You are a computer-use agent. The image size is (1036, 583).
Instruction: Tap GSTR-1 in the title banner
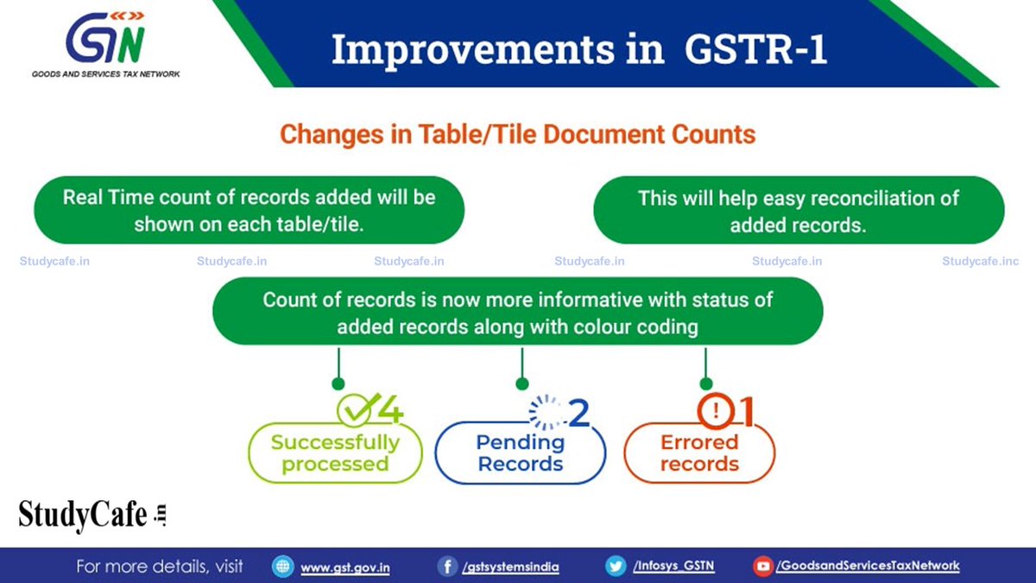(755, 49)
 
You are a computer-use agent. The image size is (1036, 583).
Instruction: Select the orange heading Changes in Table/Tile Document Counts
(518, 135)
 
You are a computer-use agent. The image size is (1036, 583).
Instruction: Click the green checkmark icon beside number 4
(355, 410)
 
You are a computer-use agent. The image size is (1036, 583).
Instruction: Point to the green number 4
(389, 412)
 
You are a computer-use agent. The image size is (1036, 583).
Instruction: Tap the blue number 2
(578, 414)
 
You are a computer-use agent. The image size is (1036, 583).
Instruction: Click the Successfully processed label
(335, 453)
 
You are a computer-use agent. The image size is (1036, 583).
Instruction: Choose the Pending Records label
(520, 453)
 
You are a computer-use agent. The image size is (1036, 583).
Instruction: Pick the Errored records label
(699, 453)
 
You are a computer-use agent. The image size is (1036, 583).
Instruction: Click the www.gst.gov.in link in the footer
(344, 567)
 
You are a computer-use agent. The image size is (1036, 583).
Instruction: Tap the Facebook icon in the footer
(447, 567)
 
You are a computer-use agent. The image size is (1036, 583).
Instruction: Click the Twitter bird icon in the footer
(616, 567)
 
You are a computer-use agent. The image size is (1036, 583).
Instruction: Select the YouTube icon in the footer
(762, 567)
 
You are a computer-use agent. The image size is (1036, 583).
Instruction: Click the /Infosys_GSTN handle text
(673, 567)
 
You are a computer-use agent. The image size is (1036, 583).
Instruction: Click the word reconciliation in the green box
(873, 198)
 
